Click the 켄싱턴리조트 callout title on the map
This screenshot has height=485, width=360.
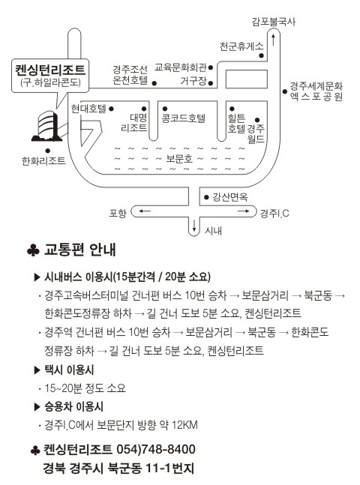point(50,70)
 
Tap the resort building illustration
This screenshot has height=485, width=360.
point(46,126)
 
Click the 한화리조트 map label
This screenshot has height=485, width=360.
point(43,161)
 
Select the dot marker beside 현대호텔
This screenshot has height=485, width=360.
point(112,109)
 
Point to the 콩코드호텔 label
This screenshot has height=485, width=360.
point(184,118)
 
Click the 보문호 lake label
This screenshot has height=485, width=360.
point(179,159)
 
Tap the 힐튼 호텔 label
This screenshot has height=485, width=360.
point(236,123)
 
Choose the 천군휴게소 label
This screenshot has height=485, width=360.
point(241,46)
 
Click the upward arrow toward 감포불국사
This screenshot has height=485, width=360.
point(273,40)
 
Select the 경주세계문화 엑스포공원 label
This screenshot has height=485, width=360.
point(316,91)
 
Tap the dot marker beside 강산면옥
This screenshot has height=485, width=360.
point(206,197)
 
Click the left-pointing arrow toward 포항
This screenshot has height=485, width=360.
point(144,211)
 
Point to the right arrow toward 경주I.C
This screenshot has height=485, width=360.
point(243,211)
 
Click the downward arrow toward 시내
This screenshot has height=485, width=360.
point(194,226)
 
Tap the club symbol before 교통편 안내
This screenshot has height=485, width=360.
point(33,250)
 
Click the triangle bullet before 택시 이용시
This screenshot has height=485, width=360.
point(37,370)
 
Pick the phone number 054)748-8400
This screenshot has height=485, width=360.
point(156,449)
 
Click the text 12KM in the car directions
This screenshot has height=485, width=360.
point(184,425)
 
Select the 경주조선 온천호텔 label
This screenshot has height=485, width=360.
point(130,75)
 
